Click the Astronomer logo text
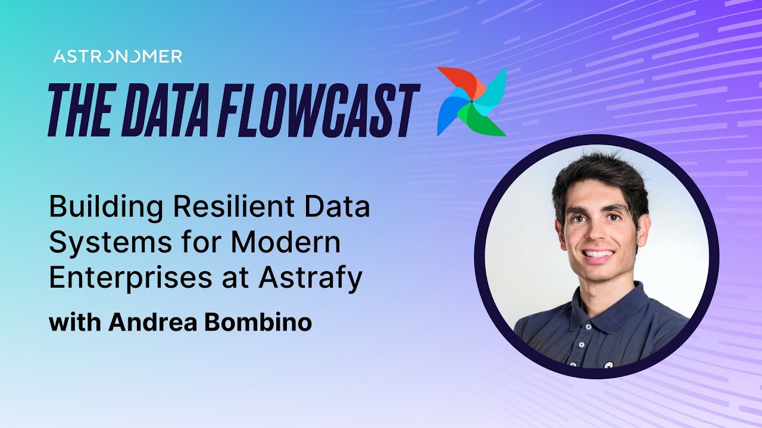(117, 56)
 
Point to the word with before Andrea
(76, 322)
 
